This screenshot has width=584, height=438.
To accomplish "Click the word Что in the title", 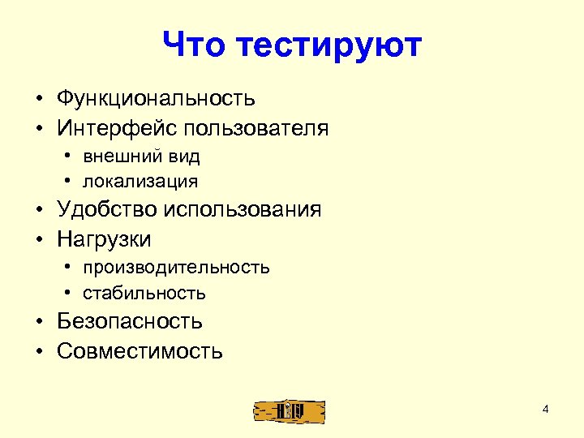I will pos(195,45).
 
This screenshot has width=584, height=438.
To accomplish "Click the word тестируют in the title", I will pos(330,45).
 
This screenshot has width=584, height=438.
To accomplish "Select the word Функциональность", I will pos(156,99).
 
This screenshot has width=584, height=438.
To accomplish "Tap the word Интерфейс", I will pos(117,128).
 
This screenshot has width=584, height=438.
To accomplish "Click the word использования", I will pos(243,210).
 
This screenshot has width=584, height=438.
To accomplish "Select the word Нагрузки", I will pos(104,239).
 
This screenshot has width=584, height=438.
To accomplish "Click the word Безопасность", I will pos(130,321).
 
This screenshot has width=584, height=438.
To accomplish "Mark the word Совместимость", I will pos(140,351).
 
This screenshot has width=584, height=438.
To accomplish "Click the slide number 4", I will pos(545,409).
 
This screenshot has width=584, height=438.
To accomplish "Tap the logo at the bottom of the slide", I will pos(288,410).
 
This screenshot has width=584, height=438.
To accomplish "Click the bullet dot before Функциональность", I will pos(38,100).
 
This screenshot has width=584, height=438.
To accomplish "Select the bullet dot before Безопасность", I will pos(38,322).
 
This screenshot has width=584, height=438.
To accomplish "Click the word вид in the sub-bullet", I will pos(185,156).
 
